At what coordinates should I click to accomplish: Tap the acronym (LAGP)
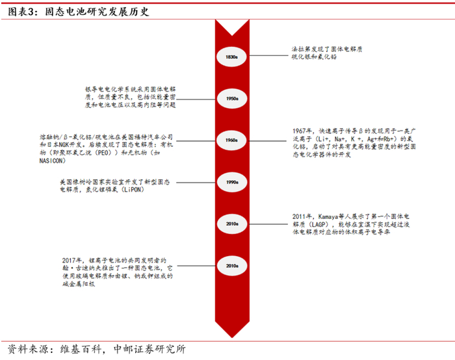(317, 222)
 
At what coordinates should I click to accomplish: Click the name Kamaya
(328, 214)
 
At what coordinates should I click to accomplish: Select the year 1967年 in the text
(304, 129)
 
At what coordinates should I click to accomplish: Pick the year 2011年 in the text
(304, 214)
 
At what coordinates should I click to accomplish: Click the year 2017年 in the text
(74, 259)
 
